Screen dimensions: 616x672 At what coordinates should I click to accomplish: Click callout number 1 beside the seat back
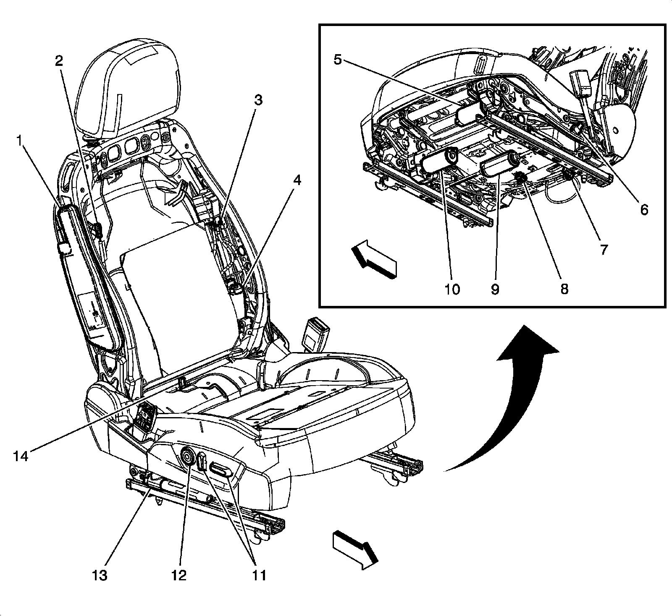pos(18,142)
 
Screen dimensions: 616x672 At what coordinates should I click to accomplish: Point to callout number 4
pos(297,181)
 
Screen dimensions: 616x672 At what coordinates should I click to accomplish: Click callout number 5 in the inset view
pos(338,59)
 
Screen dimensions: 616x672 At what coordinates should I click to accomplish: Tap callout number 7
pos(603,249)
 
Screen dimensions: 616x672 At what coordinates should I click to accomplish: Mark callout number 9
pos(495,289)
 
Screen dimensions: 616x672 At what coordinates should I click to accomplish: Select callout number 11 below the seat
pos(260,575)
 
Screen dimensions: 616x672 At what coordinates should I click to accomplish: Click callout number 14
pos(20,455)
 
